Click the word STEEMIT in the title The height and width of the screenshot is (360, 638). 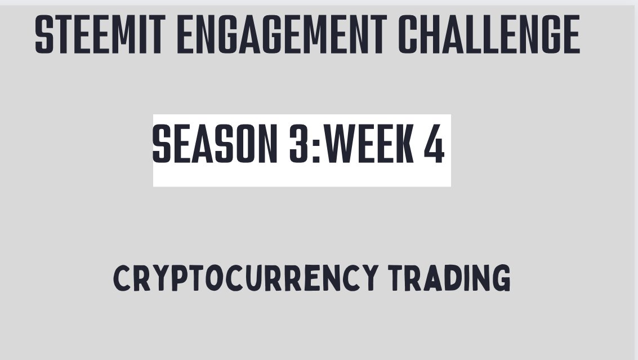(x=100, y=34)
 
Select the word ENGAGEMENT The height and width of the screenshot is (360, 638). (x=282, y=34)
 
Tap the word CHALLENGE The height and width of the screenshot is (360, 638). (x=489, y=34)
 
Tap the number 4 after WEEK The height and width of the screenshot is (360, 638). (x=434, y=144)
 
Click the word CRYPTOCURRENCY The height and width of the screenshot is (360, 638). (x=246, y=278)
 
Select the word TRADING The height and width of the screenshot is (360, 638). (x=449, y=278)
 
